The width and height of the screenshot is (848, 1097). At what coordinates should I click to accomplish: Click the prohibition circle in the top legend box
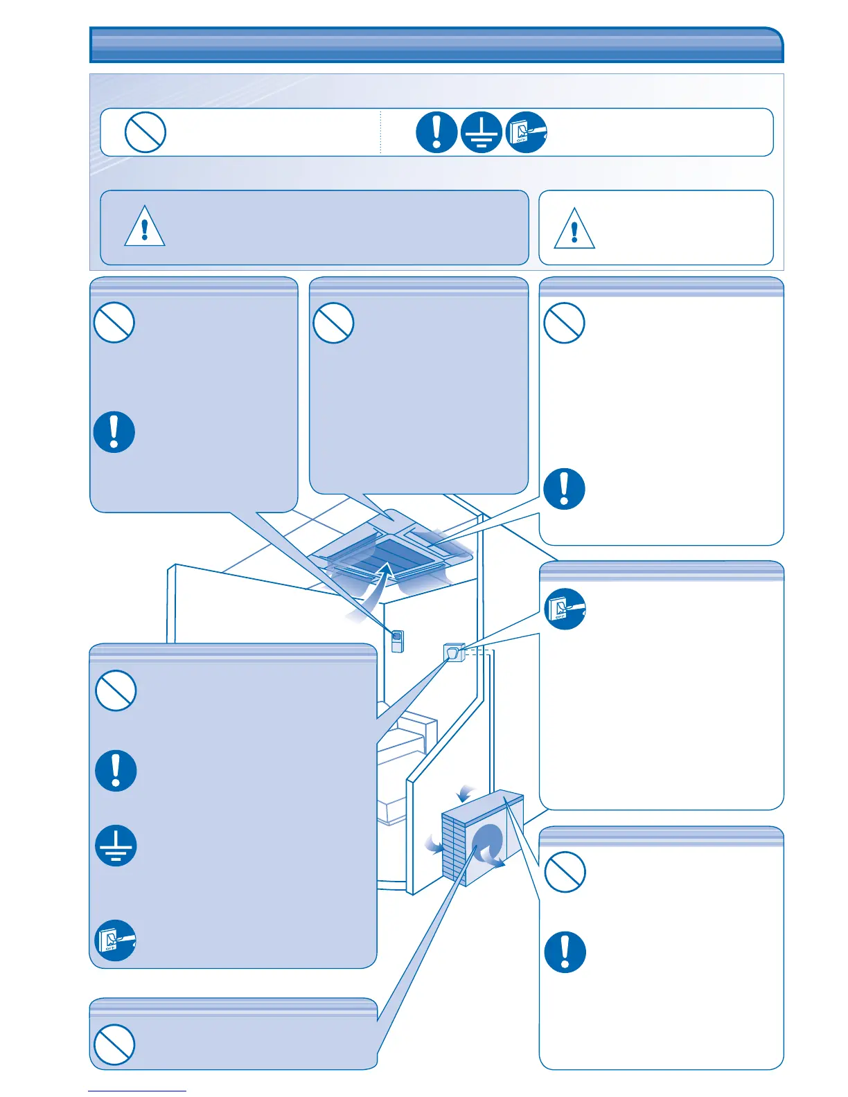point(145,132)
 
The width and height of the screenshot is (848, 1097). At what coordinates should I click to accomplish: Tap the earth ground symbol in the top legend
point(481,132)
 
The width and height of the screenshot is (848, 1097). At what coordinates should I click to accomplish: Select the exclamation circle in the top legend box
point(436,132)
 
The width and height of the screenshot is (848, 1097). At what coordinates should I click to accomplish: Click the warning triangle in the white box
point(574,229)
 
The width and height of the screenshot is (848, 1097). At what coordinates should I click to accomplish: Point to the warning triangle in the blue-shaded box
point(144,226)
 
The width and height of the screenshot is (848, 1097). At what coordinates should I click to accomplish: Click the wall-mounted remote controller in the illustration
point(397,641)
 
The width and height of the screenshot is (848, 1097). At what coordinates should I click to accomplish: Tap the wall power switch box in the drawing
point(453,652)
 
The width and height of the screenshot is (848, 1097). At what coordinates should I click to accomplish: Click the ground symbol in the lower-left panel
point(116,846)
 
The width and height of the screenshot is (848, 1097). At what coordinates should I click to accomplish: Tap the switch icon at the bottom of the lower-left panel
point(115,940)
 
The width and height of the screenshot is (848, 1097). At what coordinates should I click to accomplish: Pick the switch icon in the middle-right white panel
point(565,609)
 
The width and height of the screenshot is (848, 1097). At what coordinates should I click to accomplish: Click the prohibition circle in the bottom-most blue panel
point(114,1044)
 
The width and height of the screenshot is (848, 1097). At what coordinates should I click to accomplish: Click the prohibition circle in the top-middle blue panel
point(333,323)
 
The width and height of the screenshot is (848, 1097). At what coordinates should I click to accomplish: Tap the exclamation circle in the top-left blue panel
point(114,432)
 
